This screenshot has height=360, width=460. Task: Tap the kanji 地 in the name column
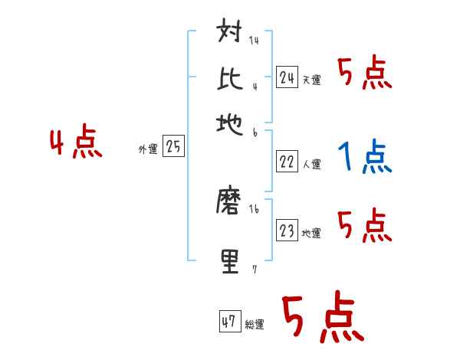click(231, 123)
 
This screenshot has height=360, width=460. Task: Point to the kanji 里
click(231, 260)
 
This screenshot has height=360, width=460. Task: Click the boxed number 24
click(287, 77)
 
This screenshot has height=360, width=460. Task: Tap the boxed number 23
click(287, 231)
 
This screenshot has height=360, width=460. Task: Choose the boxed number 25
click(174, 147)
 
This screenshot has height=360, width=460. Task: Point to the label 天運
click(311, 80)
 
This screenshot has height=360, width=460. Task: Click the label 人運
click(311, 164)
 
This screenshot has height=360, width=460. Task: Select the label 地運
click(311, 234)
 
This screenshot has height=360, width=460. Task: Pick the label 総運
click(254, 325)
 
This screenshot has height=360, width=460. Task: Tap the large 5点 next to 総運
click(322, 318)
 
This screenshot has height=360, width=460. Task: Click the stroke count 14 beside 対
click(254, 41)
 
